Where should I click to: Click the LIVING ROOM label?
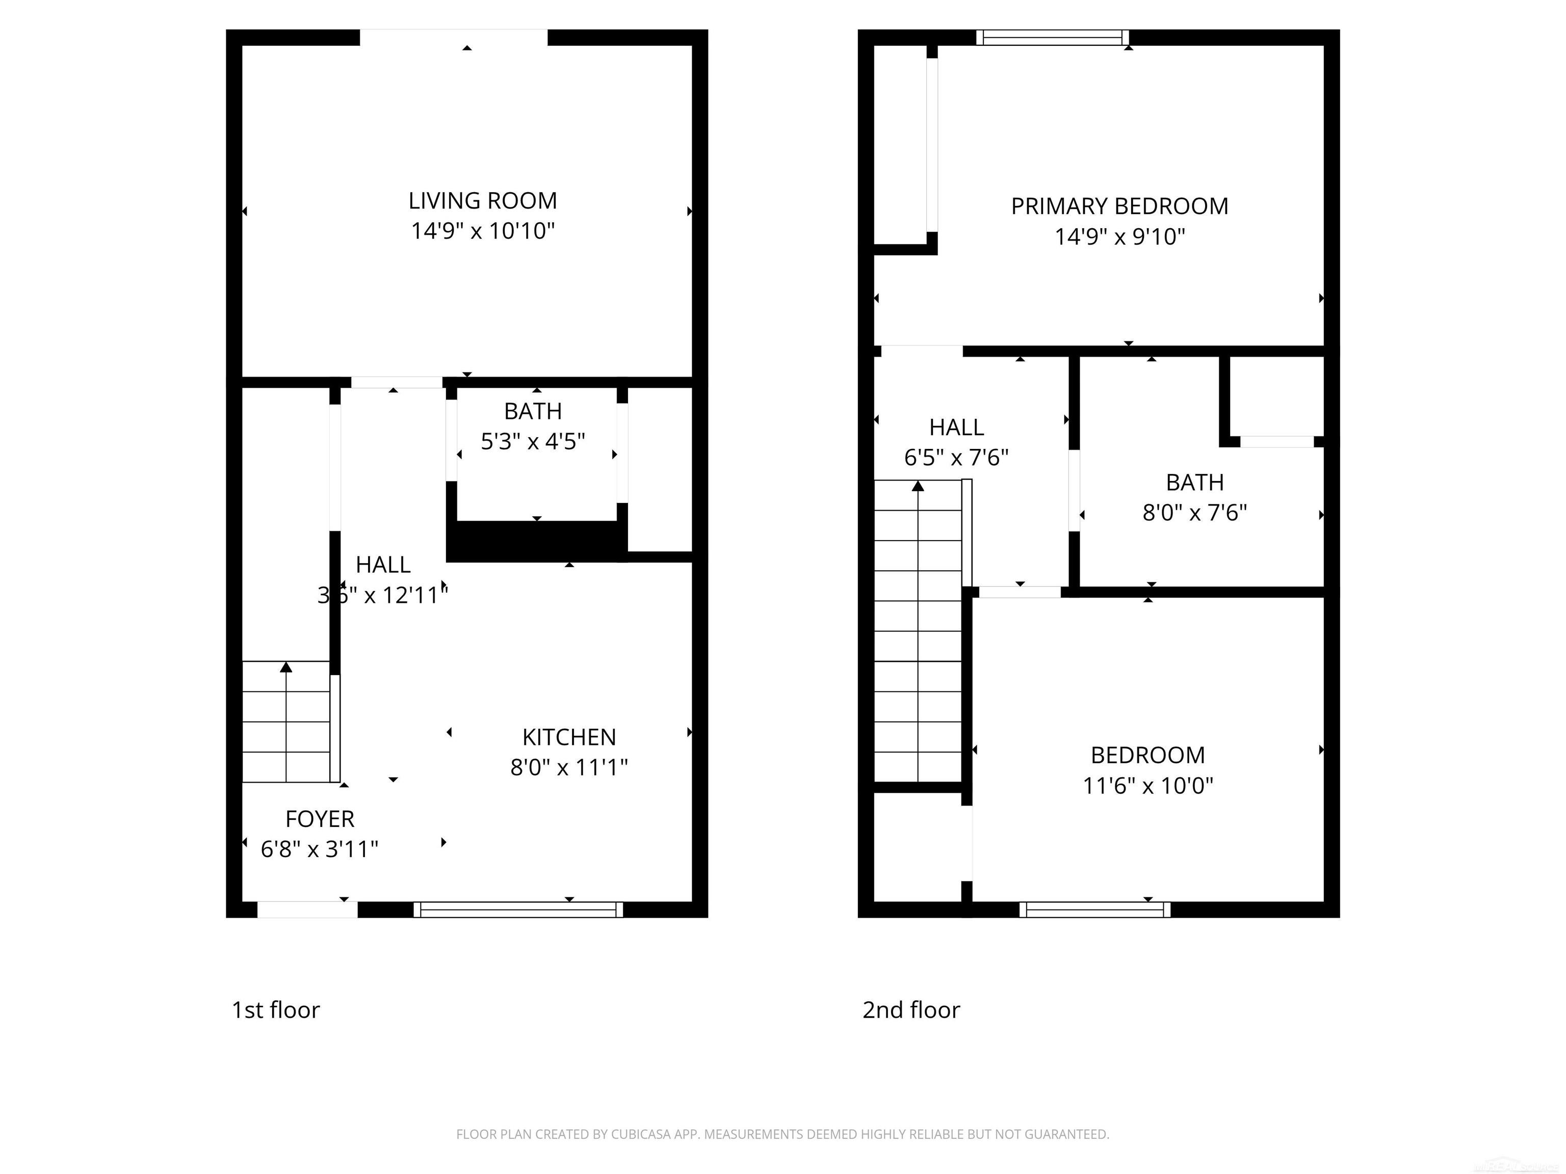[x=482, y=201]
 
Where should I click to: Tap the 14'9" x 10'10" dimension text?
[x=482, y=231]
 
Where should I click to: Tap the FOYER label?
[x=319, y=819]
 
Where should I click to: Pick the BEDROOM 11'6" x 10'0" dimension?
[x=1147, y=786]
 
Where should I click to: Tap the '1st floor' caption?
[x=275, y=1010]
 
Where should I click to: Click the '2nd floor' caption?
[x=910, y=1010]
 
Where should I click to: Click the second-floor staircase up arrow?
[x=918, y=486]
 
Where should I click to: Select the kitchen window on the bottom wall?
[x=518, y=910]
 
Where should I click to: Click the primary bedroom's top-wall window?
[x=1052, y=38]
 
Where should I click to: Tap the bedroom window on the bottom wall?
[x=1094, y=910]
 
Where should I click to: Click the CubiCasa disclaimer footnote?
[x=782, y=1134]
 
